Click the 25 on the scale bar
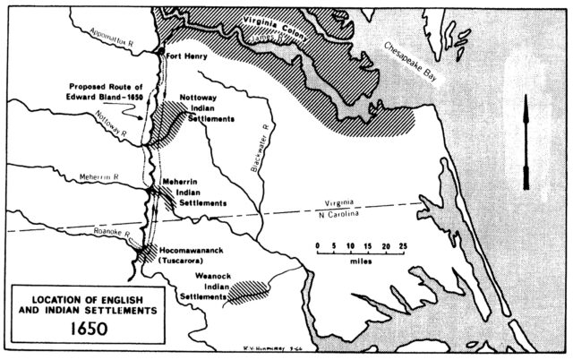point(403,244)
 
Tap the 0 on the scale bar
point(316,244)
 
